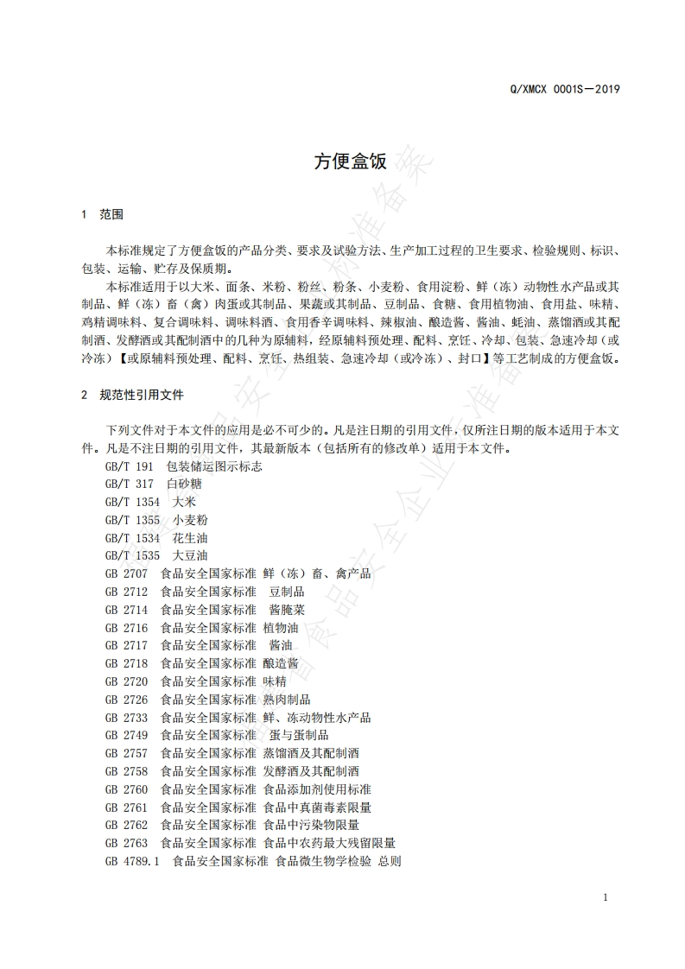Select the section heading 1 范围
point(102,214)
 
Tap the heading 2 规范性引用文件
point(131,395)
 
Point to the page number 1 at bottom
point(606,897)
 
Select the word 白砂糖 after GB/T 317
point(184,484)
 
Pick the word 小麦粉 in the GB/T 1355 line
point(190,520)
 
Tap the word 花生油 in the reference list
point(190,538)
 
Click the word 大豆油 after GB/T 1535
point(190,555)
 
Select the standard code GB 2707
point(126,573)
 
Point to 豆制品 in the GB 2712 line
point(287,592)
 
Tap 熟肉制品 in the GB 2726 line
point(287,700)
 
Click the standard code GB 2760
point(126,789)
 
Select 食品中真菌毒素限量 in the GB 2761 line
point(317,807)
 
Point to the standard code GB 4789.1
point(132,861)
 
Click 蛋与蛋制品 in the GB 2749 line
point(299,735)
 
